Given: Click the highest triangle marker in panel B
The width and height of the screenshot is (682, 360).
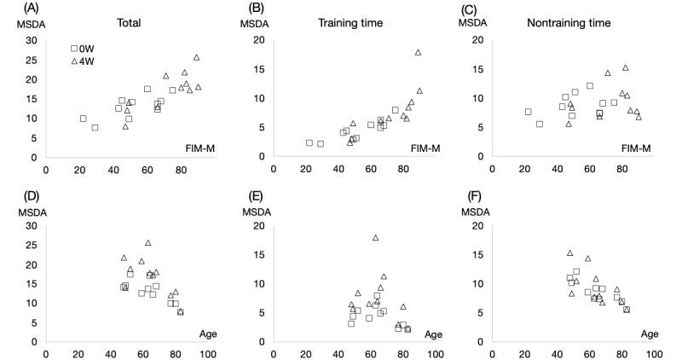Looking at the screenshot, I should click(418, 53).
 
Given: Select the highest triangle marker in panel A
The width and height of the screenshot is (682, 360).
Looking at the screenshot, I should click(196, 57).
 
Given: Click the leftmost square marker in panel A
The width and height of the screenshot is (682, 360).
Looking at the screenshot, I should click(83, 119).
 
